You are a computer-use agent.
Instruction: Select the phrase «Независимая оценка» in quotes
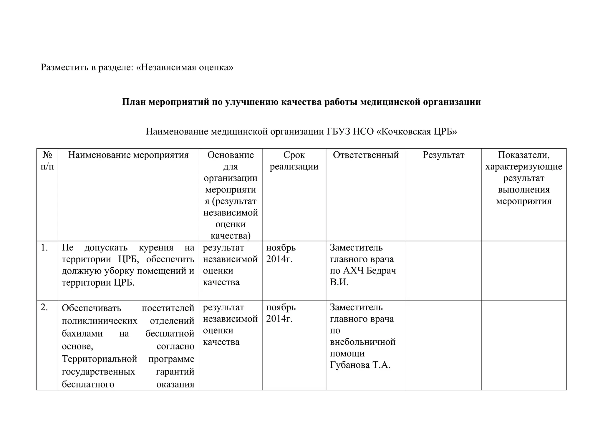pos(185,67)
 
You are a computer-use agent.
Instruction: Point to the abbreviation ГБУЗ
pos(339,131)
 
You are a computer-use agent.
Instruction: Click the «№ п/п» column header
pos(47,161)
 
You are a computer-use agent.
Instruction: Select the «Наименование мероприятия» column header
pos(128,155)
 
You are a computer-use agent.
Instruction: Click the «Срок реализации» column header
pos(294,161)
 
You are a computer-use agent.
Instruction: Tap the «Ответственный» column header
pos(366,155)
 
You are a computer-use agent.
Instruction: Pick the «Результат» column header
pos(443,155)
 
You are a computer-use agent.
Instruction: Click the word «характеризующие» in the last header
pos(524,167)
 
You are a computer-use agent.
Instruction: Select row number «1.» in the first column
pos(44,248)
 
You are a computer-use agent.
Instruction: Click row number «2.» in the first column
pos(44,307)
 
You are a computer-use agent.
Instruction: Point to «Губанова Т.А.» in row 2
pos(360,365)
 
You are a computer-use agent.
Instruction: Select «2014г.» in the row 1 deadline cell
pos(279,259)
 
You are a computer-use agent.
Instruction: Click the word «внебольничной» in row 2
pos(362,342)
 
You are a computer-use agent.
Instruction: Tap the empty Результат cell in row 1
pos(443,271)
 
